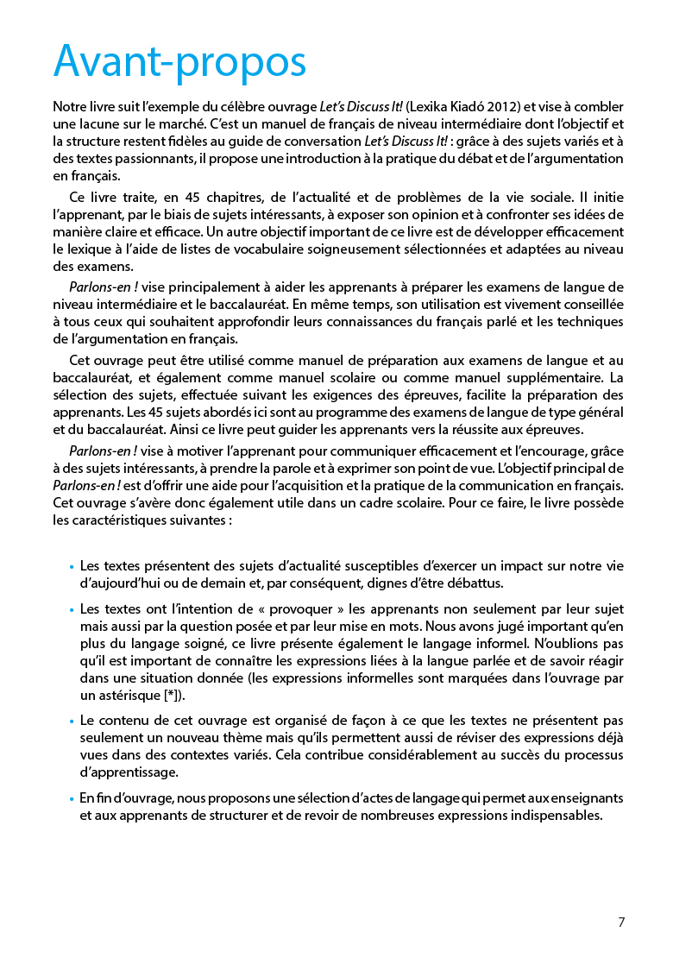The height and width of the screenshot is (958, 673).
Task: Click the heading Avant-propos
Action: pyautogui.click(x=179, y=62)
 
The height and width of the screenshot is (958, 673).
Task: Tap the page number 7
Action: pyautogui.click(x=621, y=922)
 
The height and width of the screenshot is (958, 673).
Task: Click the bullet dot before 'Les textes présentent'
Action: pyautogui.click(x=71, y=568)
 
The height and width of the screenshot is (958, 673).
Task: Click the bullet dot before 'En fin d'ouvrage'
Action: pyautogui.click(x=71, y=800)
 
